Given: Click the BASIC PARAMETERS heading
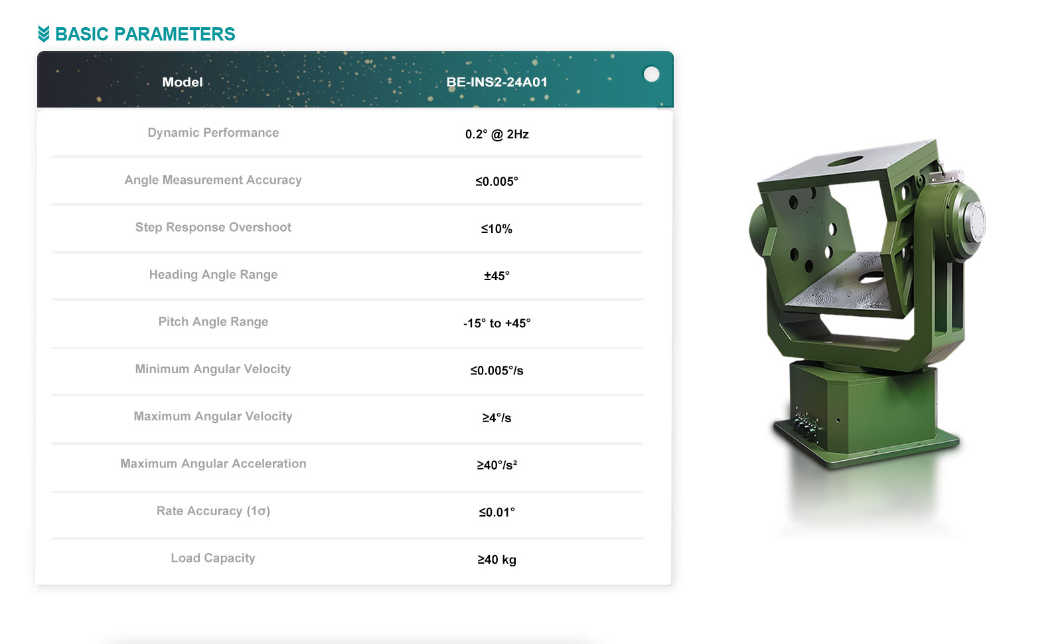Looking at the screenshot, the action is tap(145, 34).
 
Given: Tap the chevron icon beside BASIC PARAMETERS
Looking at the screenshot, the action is tap(44, 34).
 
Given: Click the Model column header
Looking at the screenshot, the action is tap(183, 82).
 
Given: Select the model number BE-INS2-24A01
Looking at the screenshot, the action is tap(497, 82).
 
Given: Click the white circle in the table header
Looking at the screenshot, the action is tap(651, 74).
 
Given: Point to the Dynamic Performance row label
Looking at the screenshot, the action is tap(213, 132).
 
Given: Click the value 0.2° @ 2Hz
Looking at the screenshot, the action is tap(497, 134).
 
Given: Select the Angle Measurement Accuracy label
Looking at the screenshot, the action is tap(213, 180).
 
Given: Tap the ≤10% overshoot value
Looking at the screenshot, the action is tap(497, 229).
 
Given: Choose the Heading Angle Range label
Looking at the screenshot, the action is tap(213, 275).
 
